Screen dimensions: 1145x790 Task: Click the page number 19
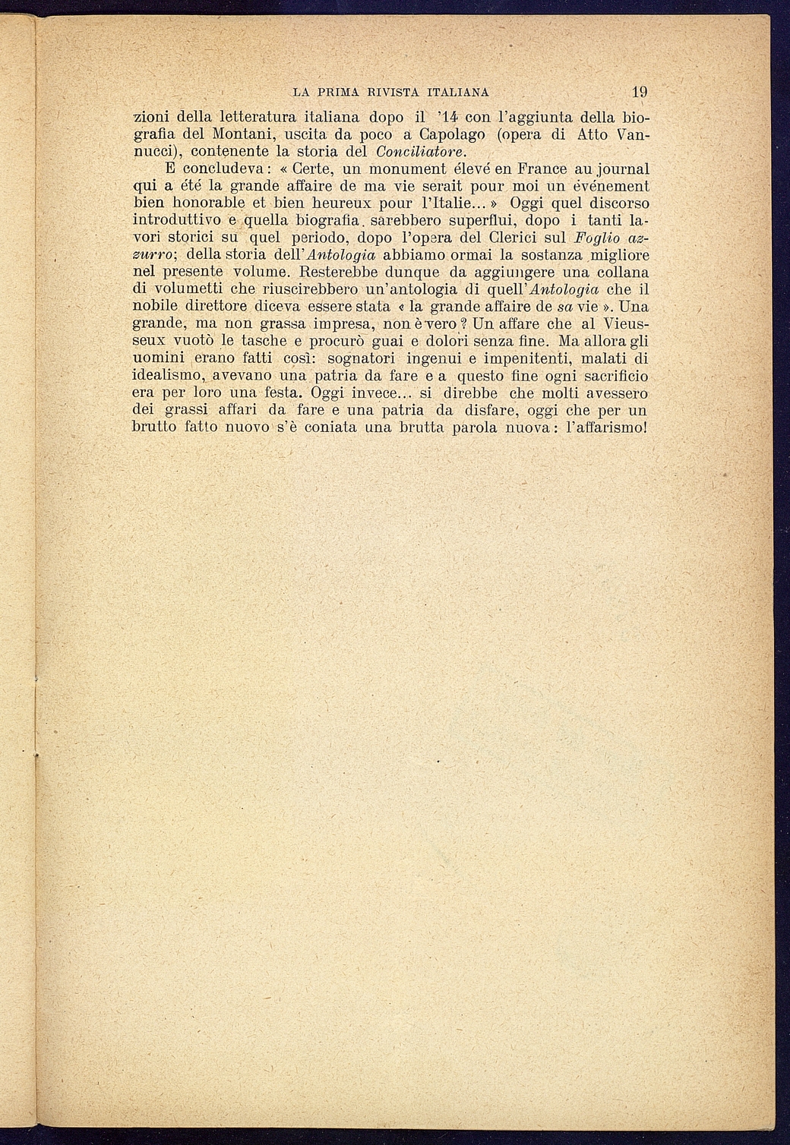coord(639,93)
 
